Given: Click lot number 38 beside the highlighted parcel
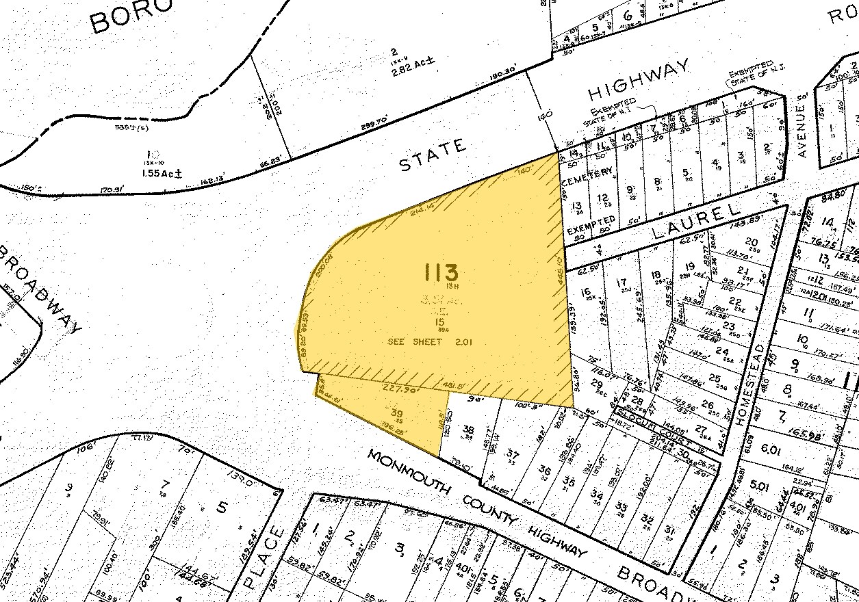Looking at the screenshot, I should pos(468,430).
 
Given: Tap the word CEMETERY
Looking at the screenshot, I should pos(587,175).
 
